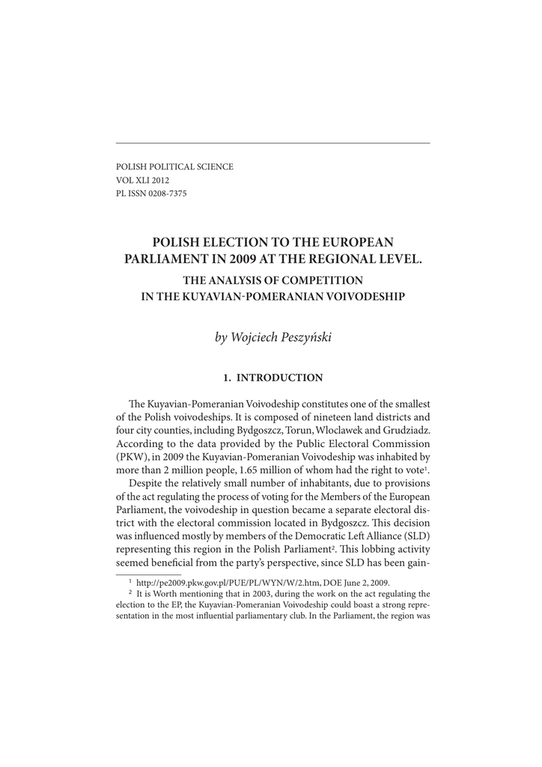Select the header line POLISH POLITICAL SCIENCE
174,166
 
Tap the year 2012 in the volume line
159,181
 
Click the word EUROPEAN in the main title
357,242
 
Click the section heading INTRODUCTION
279,378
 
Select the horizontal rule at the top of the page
272,142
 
